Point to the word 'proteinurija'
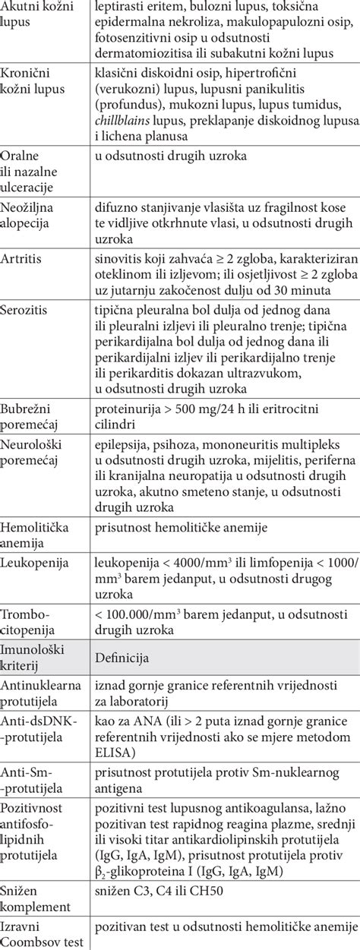coord(129,407)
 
